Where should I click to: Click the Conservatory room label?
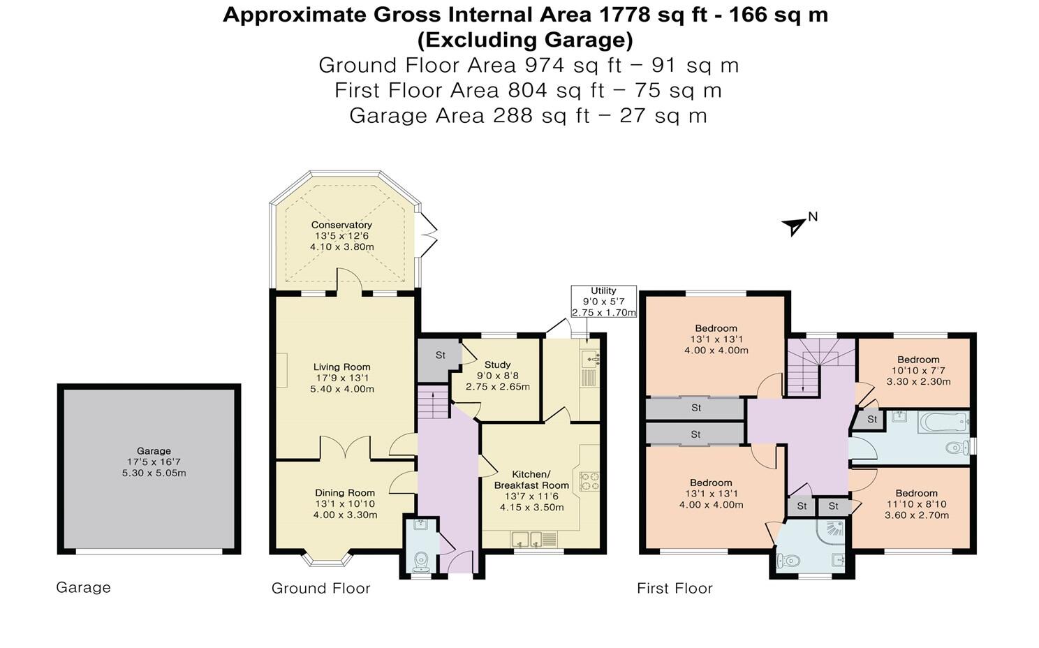click(341, 225)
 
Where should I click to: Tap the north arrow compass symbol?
click(795, 226)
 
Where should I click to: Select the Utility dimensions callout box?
click(603, 302)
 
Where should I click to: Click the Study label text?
click(497, 364)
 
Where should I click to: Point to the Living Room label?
click(341, 367)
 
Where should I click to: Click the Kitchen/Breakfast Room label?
click(531, 480)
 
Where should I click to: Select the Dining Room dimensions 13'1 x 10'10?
click(345, 504)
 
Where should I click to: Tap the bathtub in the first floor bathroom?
click(943, 422)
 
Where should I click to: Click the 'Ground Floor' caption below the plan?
click(320, 589)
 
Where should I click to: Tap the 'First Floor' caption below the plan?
click(675, 589)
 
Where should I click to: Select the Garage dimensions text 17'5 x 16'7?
click(153, 462)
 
